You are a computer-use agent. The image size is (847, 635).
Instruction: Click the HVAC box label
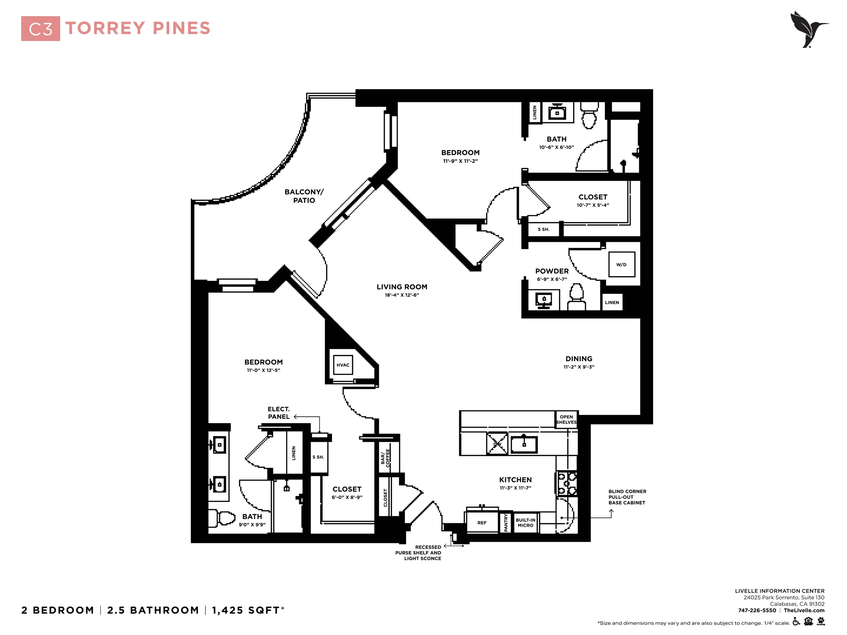pos(343,365)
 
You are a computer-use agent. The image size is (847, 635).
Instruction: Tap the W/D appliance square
pos(621,264)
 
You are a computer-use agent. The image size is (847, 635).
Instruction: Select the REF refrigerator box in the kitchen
pos(482,522)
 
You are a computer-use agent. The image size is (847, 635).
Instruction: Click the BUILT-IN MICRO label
pos(525,523)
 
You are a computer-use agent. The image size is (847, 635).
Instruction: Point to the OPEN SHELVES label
pos(566,419)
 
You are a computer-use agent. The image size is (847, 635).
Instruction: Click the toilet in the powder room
pos(576,297)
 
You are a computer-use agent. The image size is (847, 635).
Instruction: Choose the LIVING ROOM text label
pos(402,287)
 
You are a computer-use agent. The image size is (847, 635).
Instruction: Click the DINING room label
pos(579,359)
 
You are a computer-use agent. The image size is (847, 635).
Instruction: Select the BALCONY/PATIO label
pos(304,196)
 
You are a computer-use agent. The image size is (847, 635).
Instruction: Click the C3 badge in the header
pos(41,29)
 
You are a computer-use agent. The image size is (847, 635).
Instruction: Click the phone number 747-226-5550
pos(757,611)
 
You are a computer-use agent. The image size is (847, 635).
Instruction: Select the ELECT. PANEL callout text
pos(279,413)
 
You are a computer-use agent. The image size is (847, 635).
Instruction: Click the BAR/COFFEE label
pos(385,458)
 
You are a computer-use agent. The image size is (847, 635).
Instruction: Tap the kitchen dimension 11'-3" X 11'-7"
pos(515,487)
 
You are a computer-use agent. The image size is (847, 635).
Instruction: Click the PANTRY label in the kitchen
pos(506,523)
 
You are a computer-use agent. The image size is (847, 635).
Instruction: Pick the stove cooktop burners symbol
pos(567,484)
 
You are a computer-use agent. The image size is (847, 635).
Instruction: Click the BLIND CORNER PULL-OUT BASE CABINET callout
pos(627,497)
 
